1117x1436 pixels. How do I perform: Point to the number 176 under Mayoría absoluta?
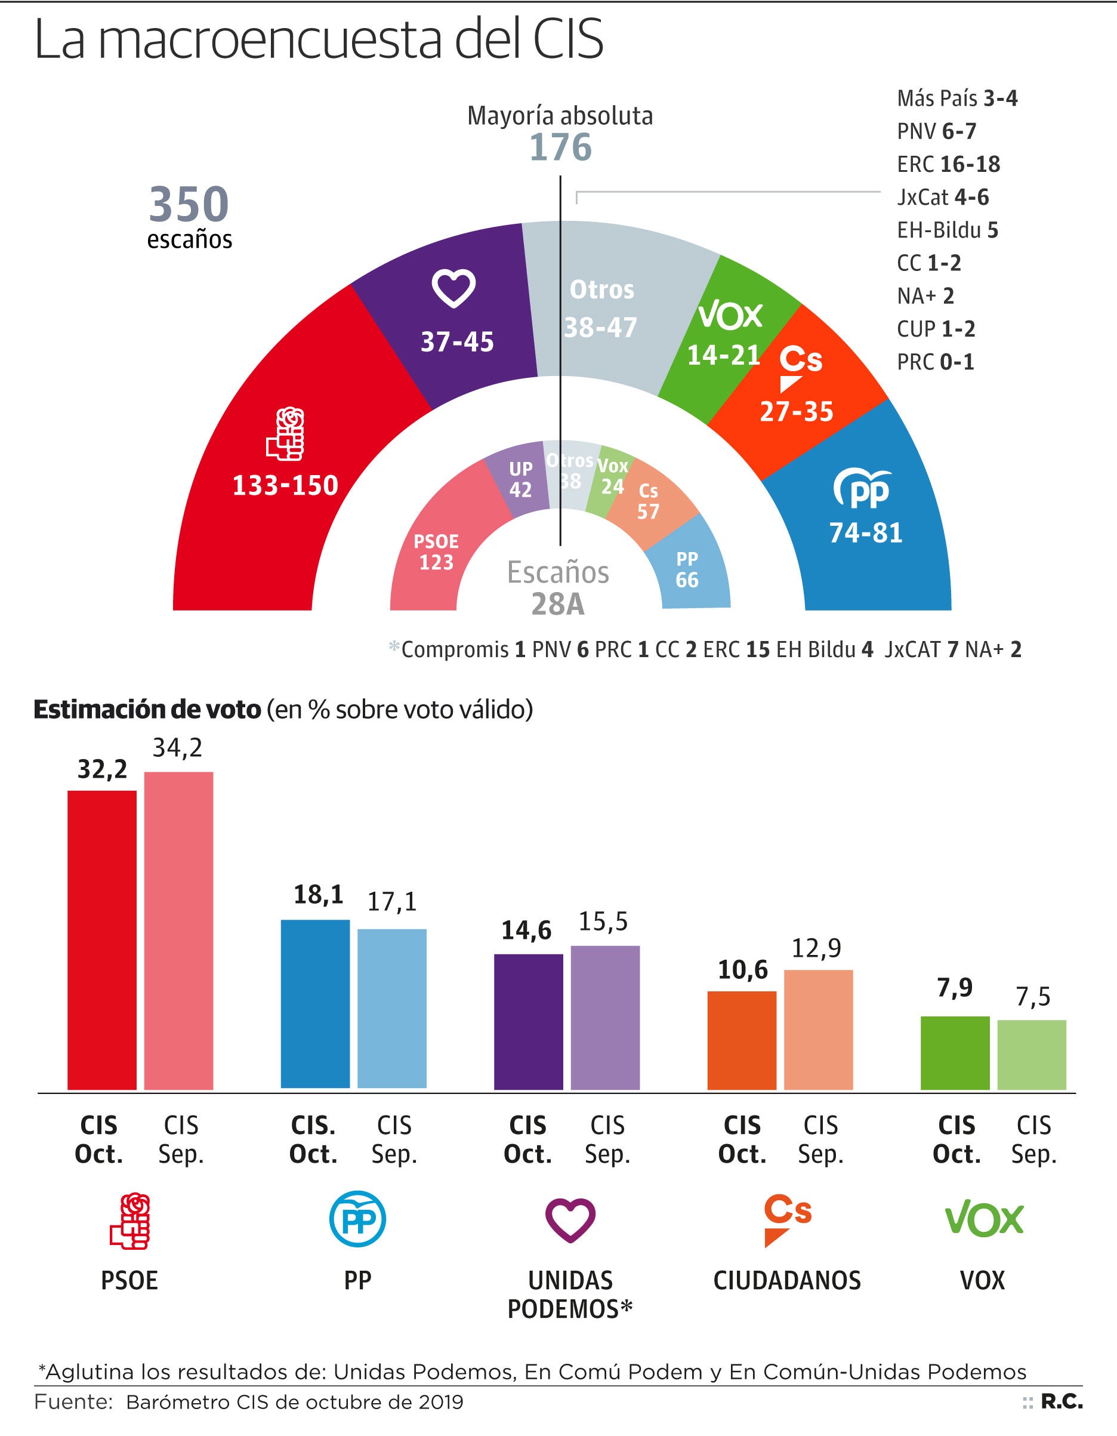pyautogui.click(x=560, y=147)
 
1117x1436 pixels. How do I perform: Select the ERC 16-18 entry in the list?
pyautogui.click(x=948, y=164)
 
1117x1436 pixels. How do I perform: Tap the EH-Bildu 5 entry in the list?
pyautogui.click(x=948, y=230)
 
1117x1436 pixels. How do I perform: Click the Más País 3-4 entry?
pyautogui.click(x=956, y=98)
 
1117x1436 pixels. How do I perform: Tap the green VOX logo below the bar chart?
pyautogui.click(x=983, y=1220)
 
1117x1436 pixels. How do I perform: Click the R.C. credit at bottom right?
pyautogui.click(x=1061, y=1402)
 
